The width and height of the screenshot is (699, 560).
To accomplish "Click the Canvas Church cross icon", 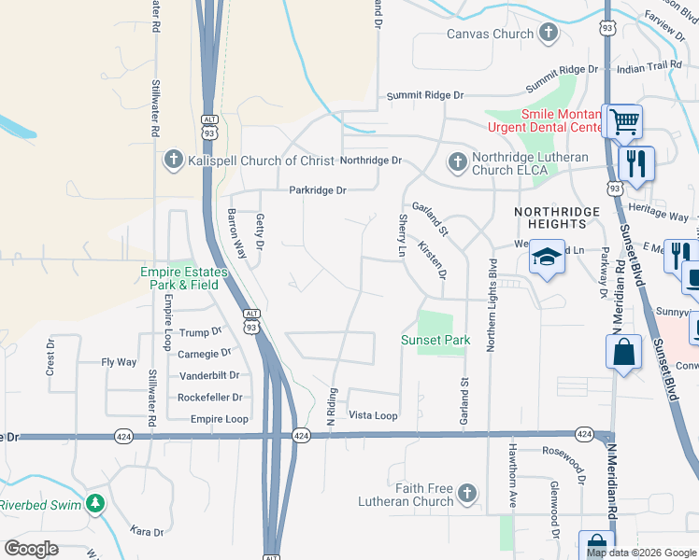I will point(549,35).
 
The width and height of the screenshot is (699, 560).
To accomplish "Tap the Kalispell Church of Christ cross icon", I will point(173,161).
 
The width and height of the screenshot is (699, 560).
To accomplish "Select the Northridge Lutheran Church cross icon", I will point(457,162).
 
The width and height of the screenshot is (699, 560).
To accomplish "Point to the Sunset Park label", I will point(435,341).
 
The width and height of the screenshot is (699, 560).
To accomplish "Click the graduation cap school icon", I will point(547,259).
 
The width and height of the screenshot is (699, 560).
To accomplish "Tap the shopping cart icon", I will point(623,120).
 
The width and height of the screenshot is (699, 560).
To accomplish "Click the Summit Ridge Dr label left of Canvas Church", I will point(426,96).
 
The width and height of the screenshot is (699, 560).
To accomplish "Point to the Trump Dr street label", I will point(199,331).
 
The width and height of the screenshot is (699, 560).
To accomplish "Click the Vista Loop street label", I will point(373,415).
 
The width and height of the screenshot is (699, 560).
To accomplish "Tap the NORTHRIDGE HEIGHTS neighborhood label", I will point(557,218).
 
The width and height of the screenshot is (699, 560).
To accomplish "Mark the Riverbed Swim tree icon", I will point(94,504).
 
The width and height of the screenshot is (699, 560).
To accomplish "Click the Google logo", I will point(31,549).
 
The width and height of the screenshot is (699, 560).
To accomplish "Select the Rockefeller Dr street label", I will point(214,398).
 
